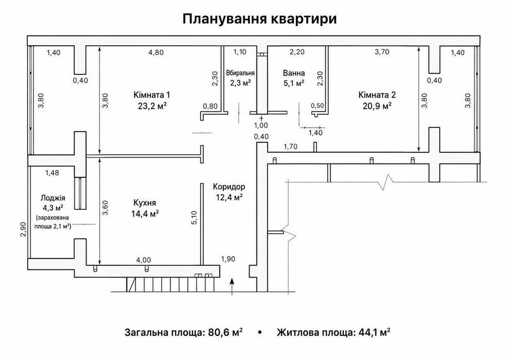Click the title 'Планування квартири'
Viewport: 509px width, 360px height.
tap(259, 19)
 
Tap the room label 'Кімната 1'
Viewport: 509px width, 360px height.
tap(152, 95)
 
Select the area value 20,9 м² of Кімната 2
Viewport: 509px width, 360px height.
tap(377, 106)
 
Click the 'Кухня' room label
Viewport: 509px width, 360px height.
tap(145, 203)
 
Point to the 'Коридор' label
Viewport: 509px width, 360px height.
tap(229, 187)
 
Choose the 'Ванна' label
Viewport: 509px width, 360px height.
tap(294, 73)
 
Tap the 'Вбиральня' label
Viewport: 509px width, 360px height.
tap(240, 73)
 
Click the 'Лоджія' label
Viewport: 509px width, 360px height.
tap(52, 198)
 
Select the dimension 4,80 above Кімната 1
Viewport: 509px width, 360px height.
tap(156, 52)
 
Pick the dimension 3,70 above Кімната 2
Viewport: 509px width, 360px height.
tap(382, 52)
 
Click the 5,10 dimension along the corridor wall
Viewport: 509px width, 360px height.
tap(195, 218)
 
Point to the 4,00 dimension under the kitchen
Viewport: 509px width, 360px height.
tap(143, 260)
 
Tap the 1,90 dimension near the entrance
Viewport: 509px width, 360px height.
tap(228, 259)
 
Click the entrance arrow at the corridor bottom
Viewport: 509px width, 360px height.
tap(232, 286)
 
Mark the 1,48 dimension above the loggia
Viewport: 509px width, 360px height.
tap(52, 173)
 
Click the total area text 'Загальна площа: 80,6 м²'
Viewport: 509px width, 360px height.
tap(183, 332)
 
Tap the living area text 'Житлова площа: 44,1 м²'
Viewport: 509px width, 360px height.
tap(334, 332)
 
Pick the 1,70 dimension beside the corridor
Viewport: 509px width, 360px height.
tap(291, 147)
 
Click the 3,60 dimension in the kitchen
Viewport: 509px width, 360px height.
tap(105, 208)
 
